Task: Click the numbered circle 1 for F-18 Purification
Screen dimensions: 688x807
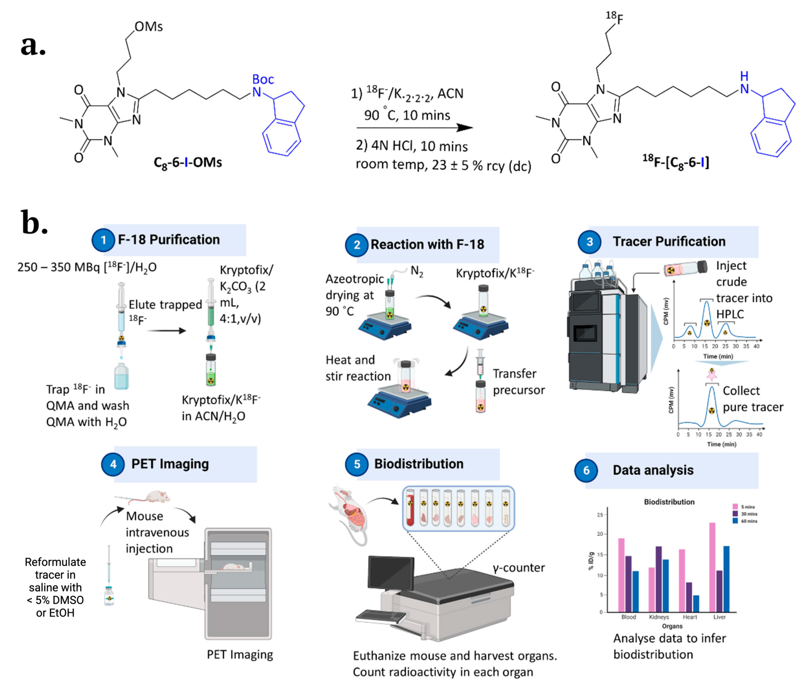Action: click(103, 240)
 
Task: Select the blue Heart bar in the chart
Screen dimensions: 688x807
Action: click(696, 603)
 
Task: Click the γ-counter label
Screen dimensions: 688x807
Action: click(518, 568)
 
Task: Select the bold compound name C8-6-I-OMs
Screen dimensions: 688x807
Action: click(188, 162)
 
